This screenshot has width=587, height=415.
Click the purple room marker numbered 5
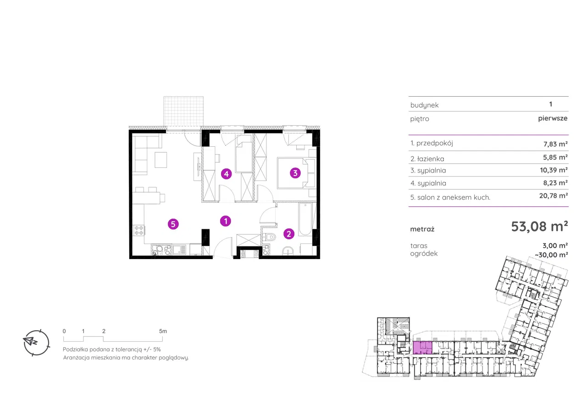coord(173,224)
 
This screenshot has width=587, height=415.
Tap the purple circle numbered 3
coord(295,173)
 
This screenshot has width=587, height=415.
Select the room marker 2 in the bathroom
coord(289,234)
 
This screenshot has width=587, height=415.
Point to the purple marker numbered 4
coord(227,174)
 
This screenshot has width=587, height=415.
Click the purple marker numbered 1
coord(226,221)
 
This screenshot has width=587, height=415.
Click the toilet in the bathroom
coord(269,237)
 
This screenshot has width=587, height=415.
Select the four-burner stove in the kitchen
coord(139,230)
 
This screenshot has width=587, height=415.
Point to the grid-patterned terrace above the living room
coord(183,111)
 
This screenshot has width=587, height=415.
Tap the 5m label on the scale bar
coord(163,331)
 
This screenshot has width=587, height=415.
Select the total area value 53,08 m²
coord(540,227)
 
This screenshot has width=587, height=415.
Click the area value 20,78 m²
coord(554,196)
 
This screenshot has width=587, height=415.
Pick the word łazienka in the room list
coord(431,159)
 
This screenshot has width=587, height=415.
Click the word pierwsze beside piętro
coord(553,118)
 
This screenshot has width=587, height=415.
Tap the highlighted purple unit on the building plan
coord(422,348)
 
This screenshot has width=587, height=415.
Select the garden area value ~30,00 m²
coord(551,255)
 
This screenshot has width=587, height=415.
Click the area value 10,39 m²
coord(554,170)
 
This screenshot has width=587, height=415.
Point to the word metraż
coord(422,229)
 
